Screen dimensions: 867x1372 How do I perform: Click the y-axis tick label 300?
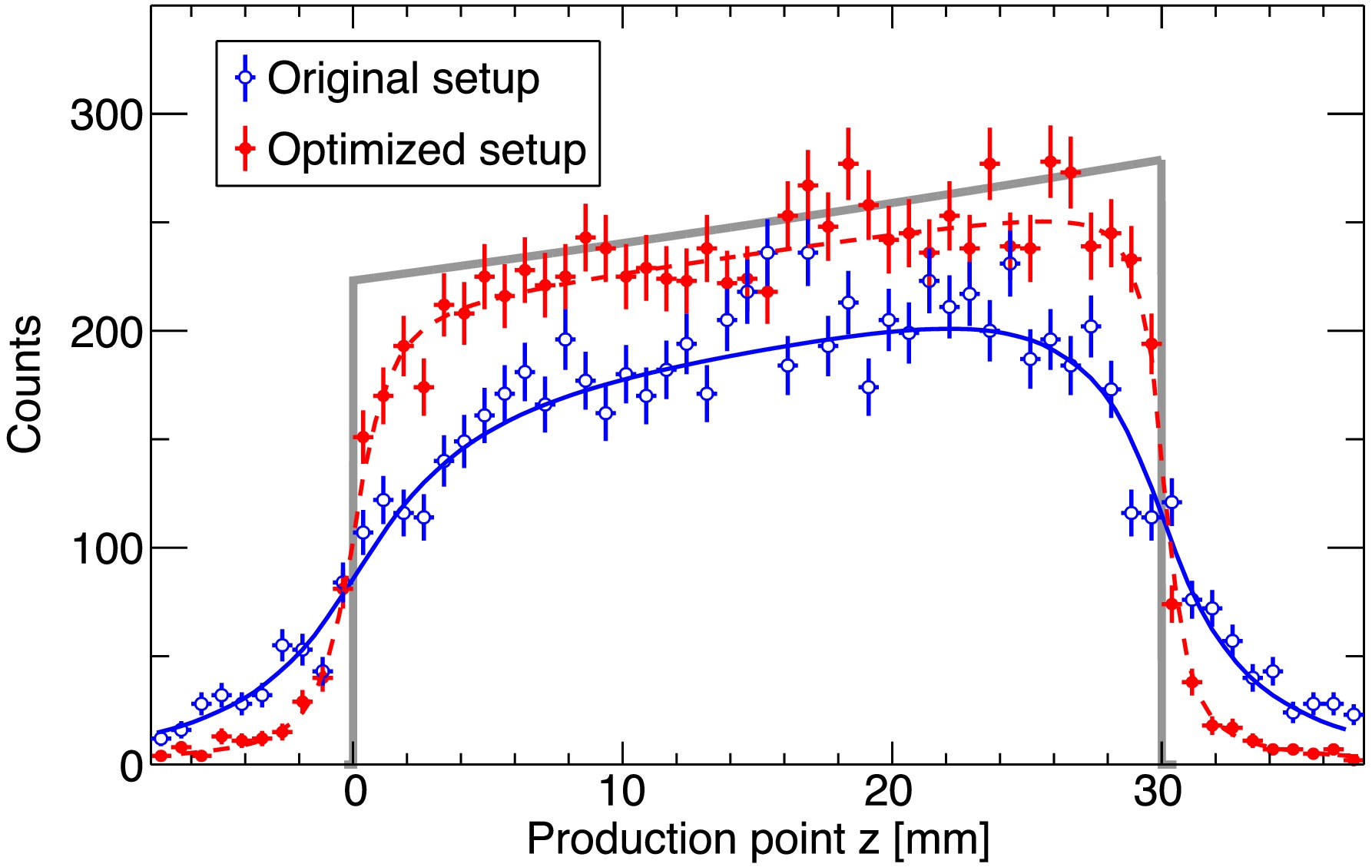point(107,116)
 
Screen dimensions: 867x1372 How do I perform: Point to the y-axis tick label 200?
point(107,333)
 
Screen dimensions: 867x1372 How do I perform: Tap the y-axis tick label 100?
point(107,550)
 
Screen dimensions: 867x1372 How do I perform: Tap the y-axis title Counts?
point(25,384)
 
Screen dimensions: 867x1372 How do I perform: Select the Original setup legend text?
point(403,78)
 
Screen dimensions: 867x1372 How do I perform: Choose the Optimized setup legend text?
point(426,149)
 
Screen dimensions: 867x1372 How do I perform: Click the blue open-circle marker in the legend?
point(245,78)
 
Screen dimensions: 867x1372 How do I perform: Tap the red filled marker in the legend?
point(245,148)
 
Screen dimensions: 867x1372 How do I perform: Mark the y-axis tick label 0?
point(131,766)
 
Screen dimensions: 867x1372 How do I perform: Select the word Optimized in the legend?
point(368,149)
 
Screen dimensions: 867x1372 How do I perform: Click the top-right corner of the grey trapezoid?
point(1161,160)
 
